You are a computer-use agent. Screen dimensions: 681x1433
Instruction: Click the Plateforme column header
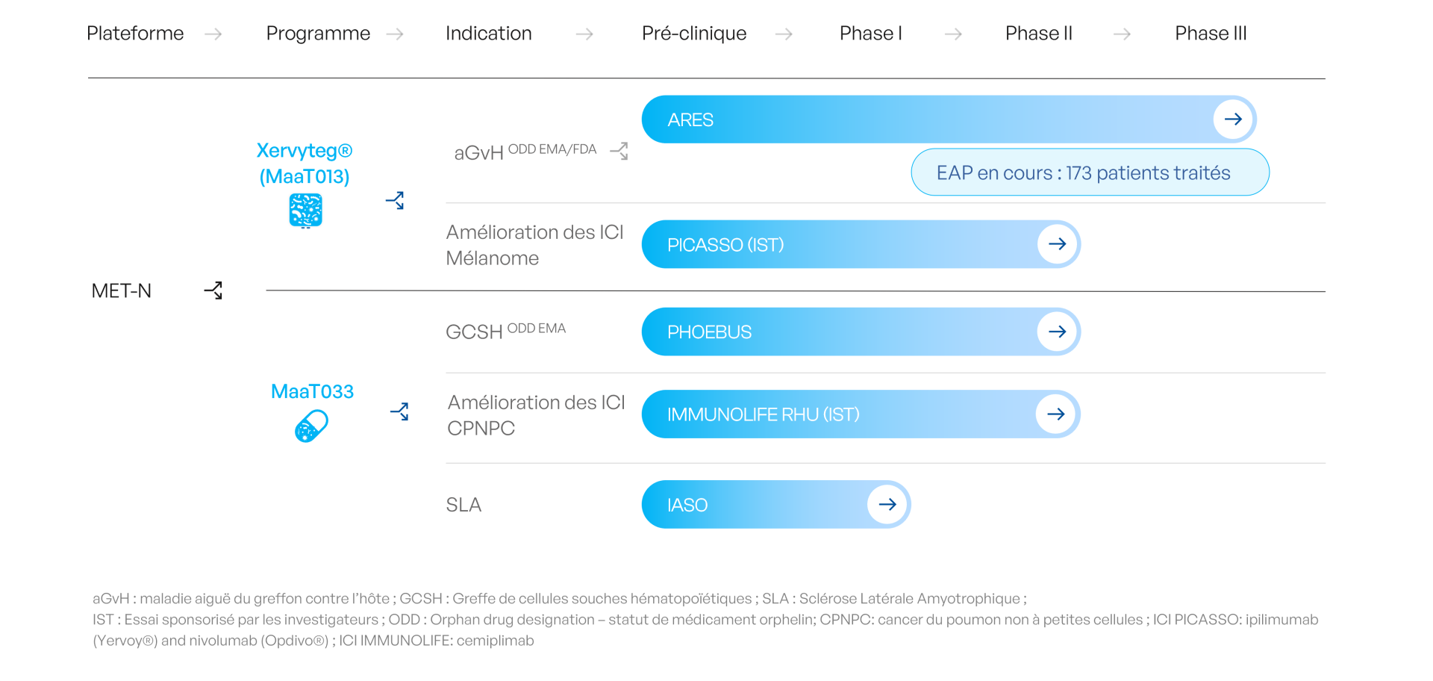pyautogui.click(x=135, y=34)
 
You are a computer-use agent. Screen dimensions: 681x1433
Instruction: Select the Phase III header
pyautogui.click(x=1211, y=34)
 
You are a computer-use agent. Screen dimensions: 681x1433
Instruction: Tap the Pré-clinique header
pyautogui.click(x=693, y=34)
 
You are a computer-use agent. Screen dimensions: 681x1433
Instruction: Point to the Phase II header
pyautogui.click(x=1038, y=34)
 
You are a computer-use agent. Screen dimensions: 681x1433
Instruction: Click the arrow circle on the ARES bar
pyautogui.click(x=1232, y=119)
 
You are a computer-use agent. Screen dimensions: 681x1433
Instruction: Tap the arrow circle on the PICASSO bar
pyautogui.click(x=1057, y=244)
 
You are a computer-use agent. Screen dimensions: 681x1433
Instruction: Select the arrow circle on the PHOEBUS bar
pyautogui.click(x=1057, y=332)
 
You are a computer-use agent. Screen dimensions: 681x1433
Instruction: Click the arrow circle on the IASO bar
pyautogui.click(x=887, y=504)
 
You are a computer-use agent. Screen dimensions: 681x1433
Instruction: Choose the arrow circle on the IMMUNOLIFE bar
pyautogui.click(x=1055, y=414)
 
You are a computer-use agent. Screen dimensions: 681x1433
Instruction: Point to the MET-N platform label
pyautogui.click(x=121, y=290)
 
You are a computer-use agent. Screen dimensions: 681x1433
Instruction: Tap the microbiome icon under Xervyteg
pyautogui.click(x=305, y=210)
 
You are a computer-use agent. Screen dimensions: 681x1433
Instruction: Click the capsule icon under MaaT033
pyautogui.click(x=311, y=426)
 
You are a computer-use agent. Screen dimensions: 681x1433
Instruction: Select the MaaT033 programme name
pyautogui.click(x=312, y=391)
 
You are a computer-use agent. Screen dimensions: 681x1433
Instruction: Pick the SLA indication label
pyautogui.click(x=463, y=505)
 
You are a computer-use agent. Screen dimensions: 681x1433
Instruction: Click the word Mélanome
pyautogui.click(x=492, y=258)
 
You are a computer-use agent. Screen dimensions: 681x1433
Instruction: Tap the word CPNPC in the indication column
pyautogui.click(x=481, y=429)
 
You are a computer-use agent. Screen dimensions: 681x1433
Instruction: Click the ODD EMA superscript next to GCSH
pyautogui.click(x=536, y=328)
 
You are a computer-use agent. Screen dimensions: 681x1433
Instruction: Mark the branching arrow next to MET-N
pyautogui.click(x=213, y=290)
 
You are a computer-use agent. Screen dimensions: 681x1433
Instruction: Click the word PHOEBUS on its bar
pyautogui.click(x=709, y=332)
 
